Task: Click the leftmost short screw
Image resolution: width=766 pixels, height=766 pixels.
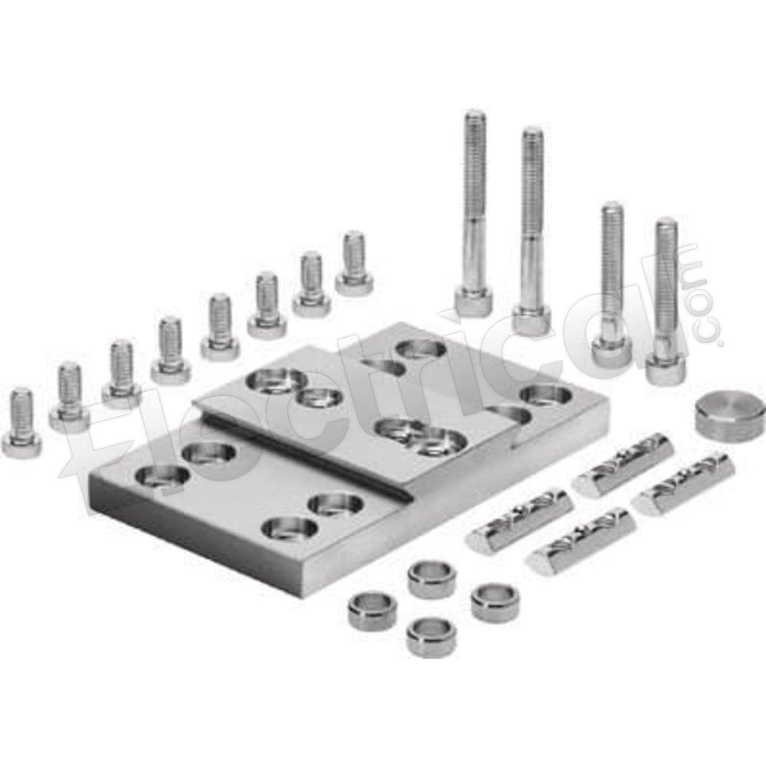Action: (21, 424)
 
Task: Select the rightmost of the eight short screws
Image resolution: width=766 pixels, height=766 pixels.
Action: (354, 264)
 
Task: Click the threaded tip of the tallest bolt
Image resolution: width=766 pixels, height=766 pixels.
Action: (475, 117)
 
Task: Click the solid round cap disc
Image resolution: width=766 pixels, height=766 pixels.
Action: (730, 413)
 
